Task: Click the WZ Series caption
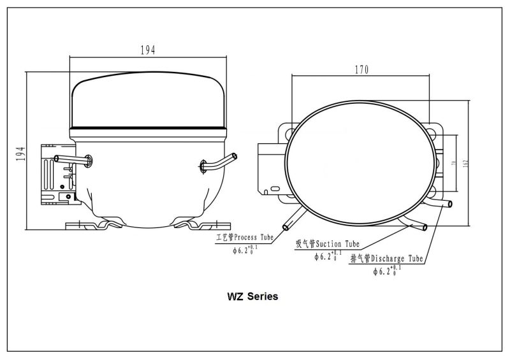pyautogui.click(x=253, y=297)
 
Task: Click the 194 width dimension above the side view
pyautogui.click(x=148, y=50)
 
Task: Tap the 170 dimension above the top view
pyautogui.click(x=361, y=70)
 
